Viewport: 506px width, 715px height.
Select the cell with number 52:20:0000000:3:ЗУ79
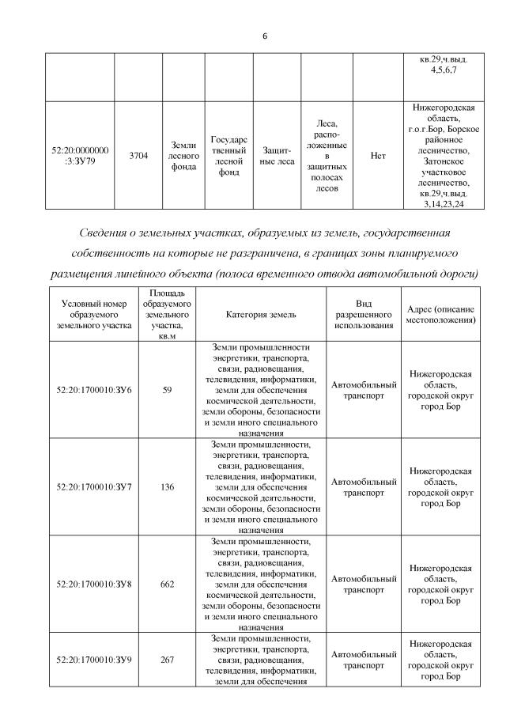click(79, 156)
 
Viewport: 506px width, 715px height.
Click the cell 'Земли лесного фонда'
click(183, 156)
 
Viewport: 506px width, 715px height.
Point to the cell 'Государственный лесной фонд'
click(229, 156)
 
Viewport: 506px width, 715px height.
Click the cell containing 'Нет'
click(378, 156)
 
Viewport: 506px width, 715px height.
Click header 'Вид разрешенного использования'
click(363, 314)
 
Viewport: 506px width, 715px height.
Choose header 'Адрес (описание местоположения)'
click(440, 314)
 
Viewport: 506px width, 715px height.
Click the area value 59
click(167, 390)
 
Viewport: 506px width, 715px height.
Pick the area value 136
click(167, 486)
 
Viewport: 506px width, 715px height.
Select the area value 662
click(167, 584)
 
